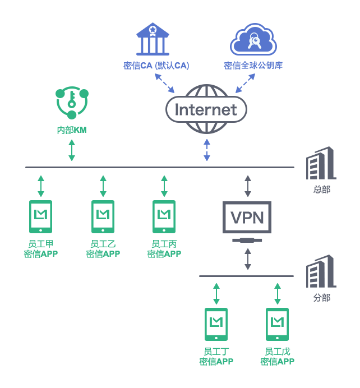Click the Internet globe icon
[x=206, y=109]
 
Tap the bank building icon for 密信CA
[x=153, y=39]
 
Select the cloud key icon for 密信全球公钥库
[x=253, y=39]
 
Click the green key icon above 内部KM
[x=72, y=103]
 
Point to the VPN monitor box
[x=247, y=218]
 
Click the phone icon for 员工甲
[x=41, y=216]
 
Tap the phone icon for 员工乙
[x=103, y=216]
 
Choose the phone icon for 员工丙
[x=164, y=216]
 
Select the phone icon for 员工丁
[x=216, y=324]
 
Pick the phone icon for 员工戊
[x=277, y=324]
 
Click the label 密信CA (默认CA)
[x=156, y=66]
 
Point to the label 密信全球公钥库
[x=253, y=66]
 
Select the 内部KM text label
[x=72, y=130]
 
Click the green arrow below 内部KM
[x=72, y=150]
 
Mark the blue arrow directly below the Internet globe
[x=207, y=150]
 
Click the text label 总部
[x=322, y=190]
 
